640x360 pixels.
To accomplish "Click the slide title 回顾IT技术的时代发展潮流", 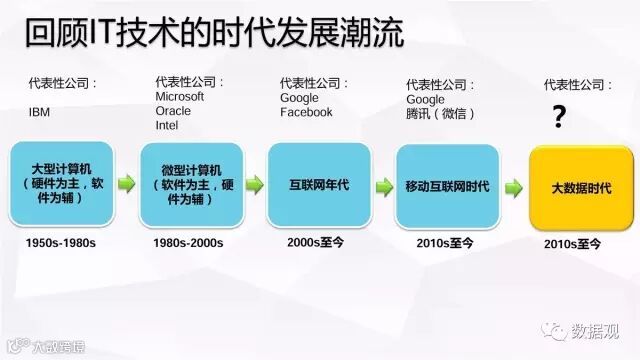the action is [x=215, y=33].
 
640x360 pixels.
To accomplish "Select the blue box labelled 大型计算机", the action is [x=62, y=183].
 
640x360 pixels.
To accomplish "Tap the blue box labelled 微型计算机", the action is [x=191, y=184].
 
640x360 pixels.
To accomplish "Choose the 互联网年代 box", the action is [x=319, y=184].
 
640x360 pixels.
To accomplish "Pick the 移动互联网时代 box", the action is [x=447, y=186].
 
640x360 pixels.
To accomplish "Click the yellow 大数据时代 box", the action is [x=581, y=188].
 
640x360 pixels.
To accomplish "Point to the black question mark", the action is [x=559, y=116].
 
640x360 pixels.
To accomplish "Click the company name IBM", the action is [x=39, y=112].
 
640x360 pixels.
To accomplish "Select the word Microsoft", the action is [x=180, y=97].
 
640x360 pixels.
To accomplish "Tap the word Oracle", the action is [x=173, y=111].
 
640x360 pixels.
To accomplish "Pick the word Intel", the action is [x=167, y=125].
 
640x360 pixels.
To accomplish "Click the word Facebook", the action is [x=306, y=112].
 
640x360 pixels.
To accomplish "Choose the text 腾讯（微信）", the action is [x=440, y=113].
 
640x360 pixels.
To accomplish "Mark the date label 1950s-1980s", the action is [x=60, y=243].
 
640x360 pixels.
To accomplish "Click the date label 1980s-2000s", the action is [x=188, y=243].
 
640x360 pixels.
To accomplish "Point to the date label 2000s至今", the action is [x=315, y=242].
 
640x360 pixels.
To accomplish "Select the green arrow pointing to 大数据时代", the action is [x=513, y=188].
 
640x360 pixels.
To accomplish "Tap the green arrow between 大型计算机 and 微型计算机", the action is [x=127, y=184].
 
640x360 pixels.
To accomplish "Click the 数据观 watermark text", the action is [x=595, y=331].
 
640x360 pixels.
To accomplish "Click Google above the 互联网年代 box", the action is [x=299, y=98].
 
